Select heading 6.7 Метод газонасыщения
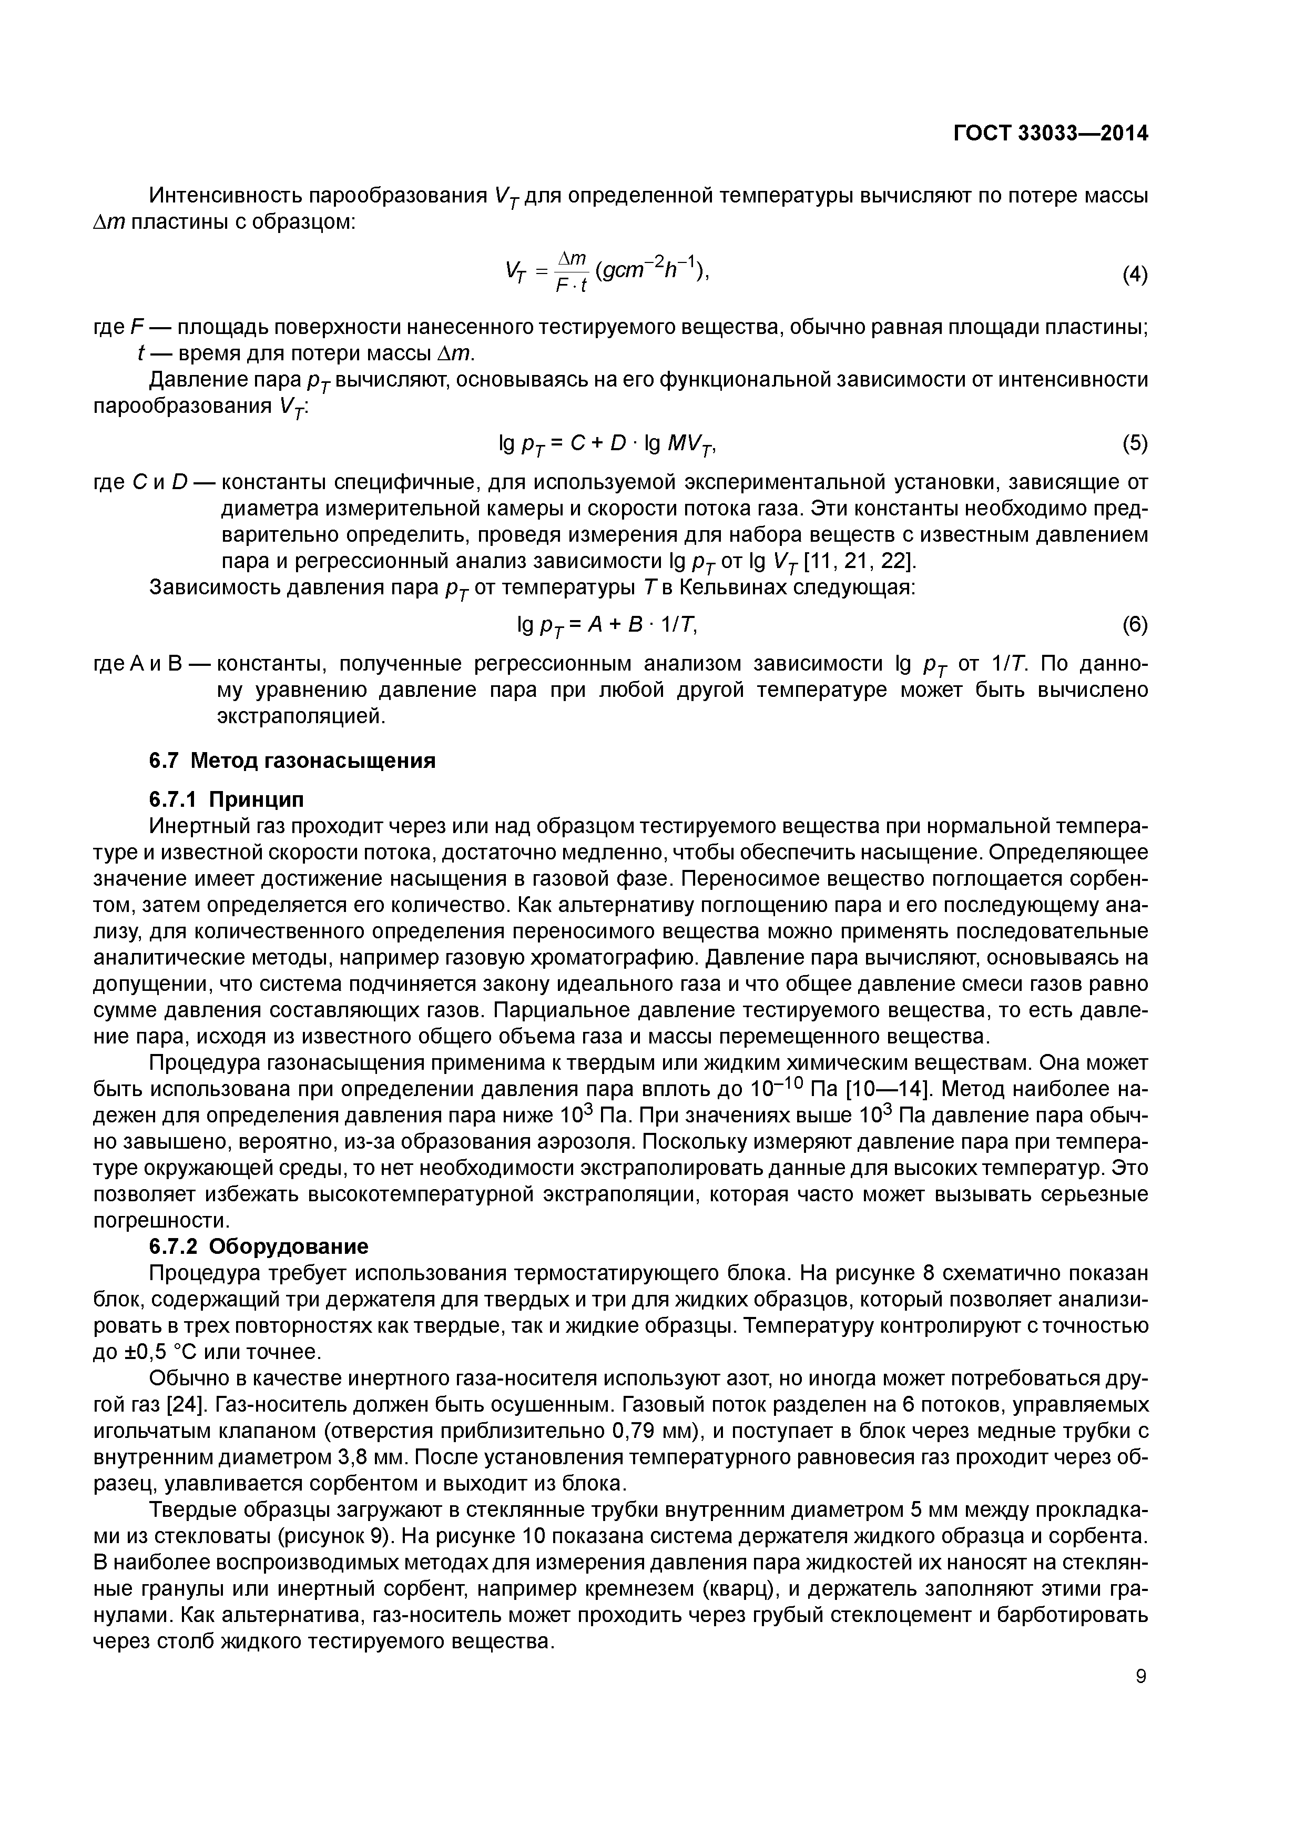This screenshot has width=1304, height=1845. pyautogui.click(x=292, y=760)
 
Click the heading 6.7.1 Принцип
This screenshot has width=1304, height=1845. pyautogui.click(x=227, y=799)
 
